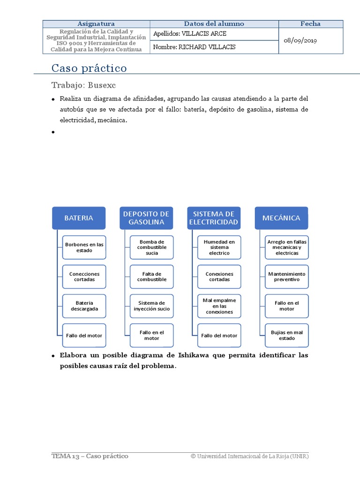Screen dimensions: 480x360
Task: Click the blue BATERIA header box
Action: pyautogui.click(x=79, y=218)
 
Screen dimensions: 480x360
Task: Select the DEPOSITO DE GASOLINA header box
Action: pyautogui.click(x=146, y=218)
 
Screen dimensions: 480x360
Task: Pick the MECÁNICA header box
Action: pyautogui.click(x=281, y=218)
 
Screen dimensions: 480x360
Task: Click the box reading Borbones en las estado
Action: pyautogui.click(x=84, y=247)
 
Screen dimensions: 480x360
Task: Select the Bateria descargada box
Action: pyautogui.click(x=84, y=306)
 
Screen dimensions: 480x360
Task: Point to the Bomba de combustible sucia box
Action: pyautogui.click(x=152, y=247)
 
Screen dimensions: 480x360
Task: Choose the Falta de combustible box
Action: pyautogui.click(x=152, y=277)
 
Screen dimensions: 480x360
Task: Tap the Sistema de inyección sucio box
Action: pyautogui.click(x=152, y=306)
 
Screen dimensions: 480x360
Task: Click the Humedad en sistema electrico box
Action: pyautogui.click(x=219, y=247)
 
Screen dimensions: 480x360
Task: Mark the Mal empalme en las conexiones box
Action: pyautogui.click(x=219, y=306)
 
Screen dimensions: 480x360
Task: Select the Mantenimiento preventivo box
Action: pyautogui.click(x=287, y=277)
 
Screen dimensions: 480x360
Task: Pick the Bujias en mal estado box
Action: pyautogui.click(x=287, y=335)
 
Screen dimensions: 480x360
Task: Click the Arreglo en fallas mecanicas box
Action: pyautogui.click(x=287, y=247)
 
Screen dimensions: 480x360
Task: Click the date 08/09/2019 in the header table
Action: pyautogui.click(x=300, y=41)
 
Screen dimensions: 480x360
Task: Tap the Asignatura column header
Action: pyautogui.click(x=96, y=24)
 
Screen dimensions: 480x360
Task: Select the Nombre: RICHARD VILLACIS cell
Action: pyautogui.click(x=195, y=47)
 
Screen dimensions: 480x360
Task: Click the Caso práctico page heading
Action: pyautogui.click(x=89, y=68)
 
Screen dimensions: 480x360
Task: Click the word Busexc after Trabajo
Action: pyautogui.click(x=101, y=85)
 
